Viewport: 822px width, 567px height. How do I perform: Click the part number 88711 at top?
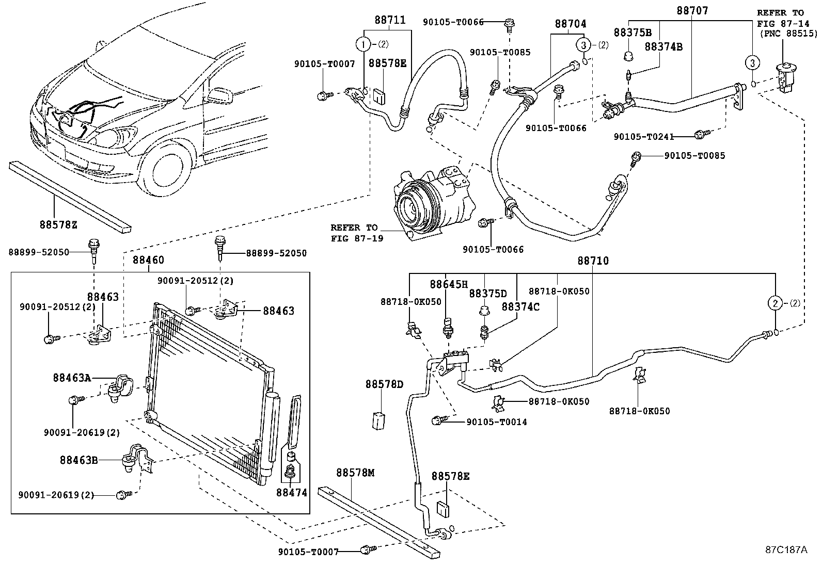pyautogui.click(x=390, y=20)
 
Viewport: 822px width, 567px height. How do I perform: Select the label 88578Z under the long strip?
pyautogui.click(x=58, y=225)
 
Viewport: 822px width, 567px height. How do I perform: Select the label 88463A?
pyautogui.click(x=72, y=378)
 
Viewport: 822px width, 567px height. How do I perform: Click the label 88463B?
pyautogui.click(x=79, y=460)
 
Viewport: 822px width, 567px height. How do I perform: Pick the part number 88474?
pyautogui.click(x=291, y=493)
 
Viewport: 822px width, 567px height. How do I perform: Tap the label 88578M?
pyautogui.click(x=355, y=473)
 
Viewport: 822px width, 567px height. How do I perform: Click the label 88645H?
pyautogui.click(x=449, y=284)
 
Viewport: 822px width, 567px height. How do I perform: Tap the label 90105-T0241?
pyautogui.click(x=644, y=136)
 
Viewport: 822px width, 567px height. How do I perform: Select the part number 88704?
pyautogui.click(x=571, y=24)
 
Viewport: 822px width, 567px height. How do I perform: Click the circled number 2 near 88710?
pyautogui.click(x=776, y=303)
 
